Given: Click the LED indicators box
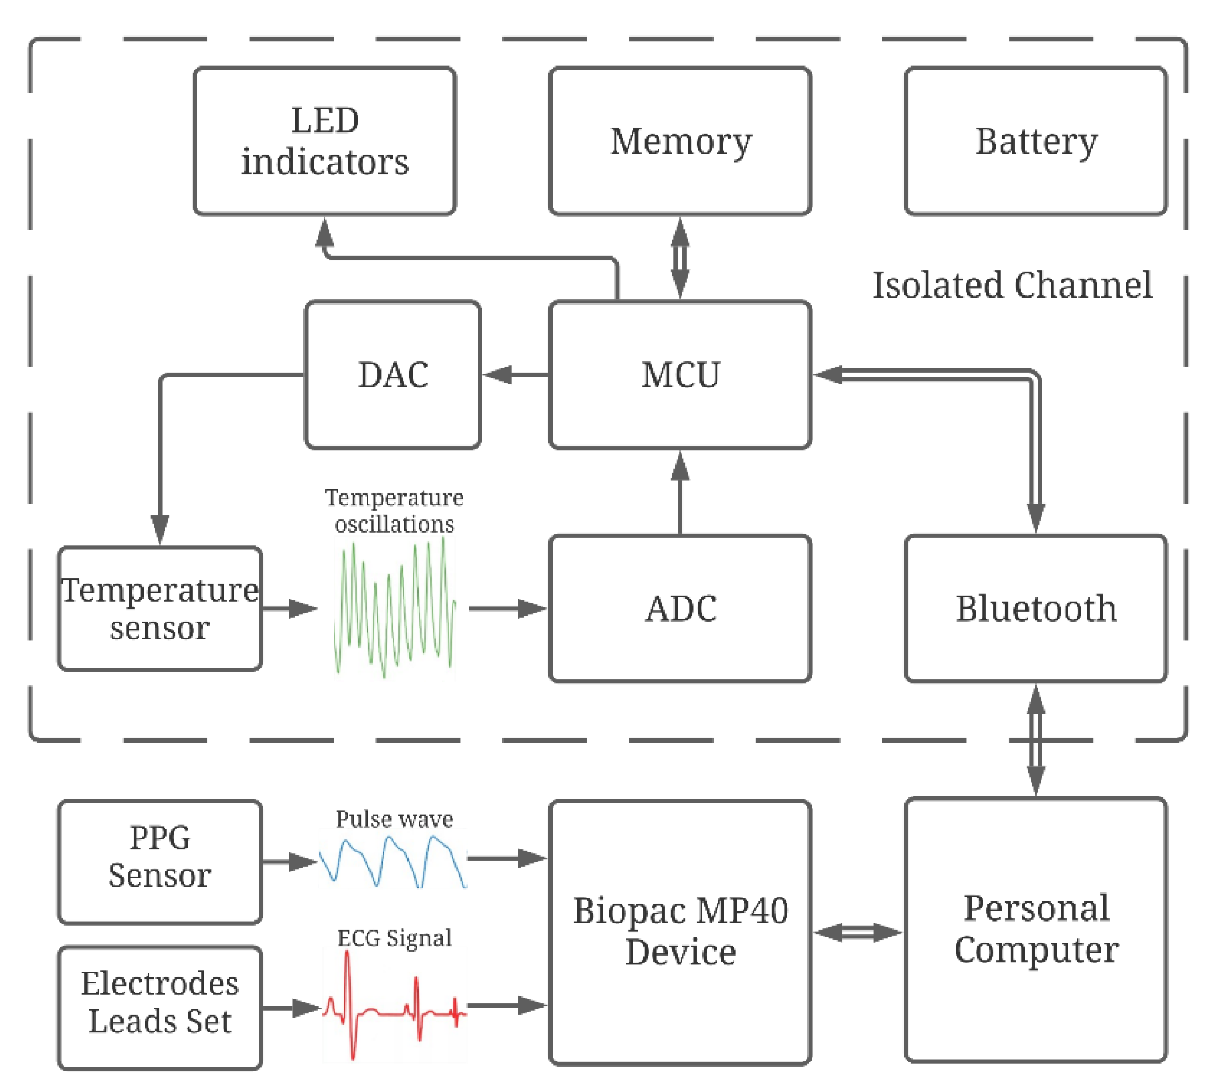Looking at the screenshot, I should (x=324, y=141).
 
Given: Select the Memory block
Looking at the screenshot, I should (x=680, y=141).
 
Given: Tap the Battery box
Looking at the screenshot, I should (x=1035, y=141).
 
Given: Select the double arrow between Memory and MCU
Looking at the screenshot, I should (x=680, y=258).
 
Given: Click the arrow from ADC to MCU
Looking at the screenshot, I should (x=680, y=492).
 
